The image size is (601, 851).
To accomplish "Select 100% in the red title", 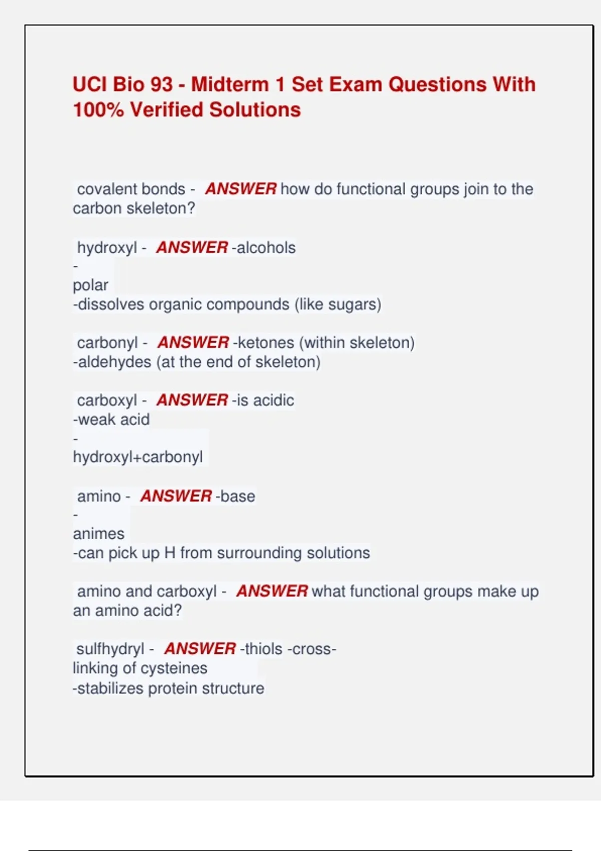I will pos(98,110).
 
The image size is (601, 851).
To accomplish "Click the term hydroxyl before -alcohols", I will pos(107,248).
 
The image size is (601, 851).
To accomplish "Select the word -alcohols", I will pos(263,248).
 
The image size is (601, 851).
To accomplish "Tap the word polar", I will pos(90,285).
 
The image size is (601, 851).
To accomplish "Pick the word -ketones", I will pos(264,343).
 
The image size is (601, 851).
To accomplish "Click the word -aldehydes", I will pos(112,362).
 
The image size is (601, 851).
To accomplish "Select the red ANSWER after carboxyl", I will pos(192,400).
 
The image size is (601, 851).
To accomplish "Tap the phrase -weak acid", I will pos(111,419).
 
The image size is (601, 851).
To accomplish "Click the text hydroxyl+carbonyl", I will pos(138,457).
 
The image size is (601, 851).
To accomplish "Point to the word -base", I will pos(235,496).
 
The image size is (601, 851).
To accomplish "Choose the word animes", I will pos(99,534).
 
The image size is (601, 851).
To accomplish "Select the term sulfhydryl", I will pos(110,649).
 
